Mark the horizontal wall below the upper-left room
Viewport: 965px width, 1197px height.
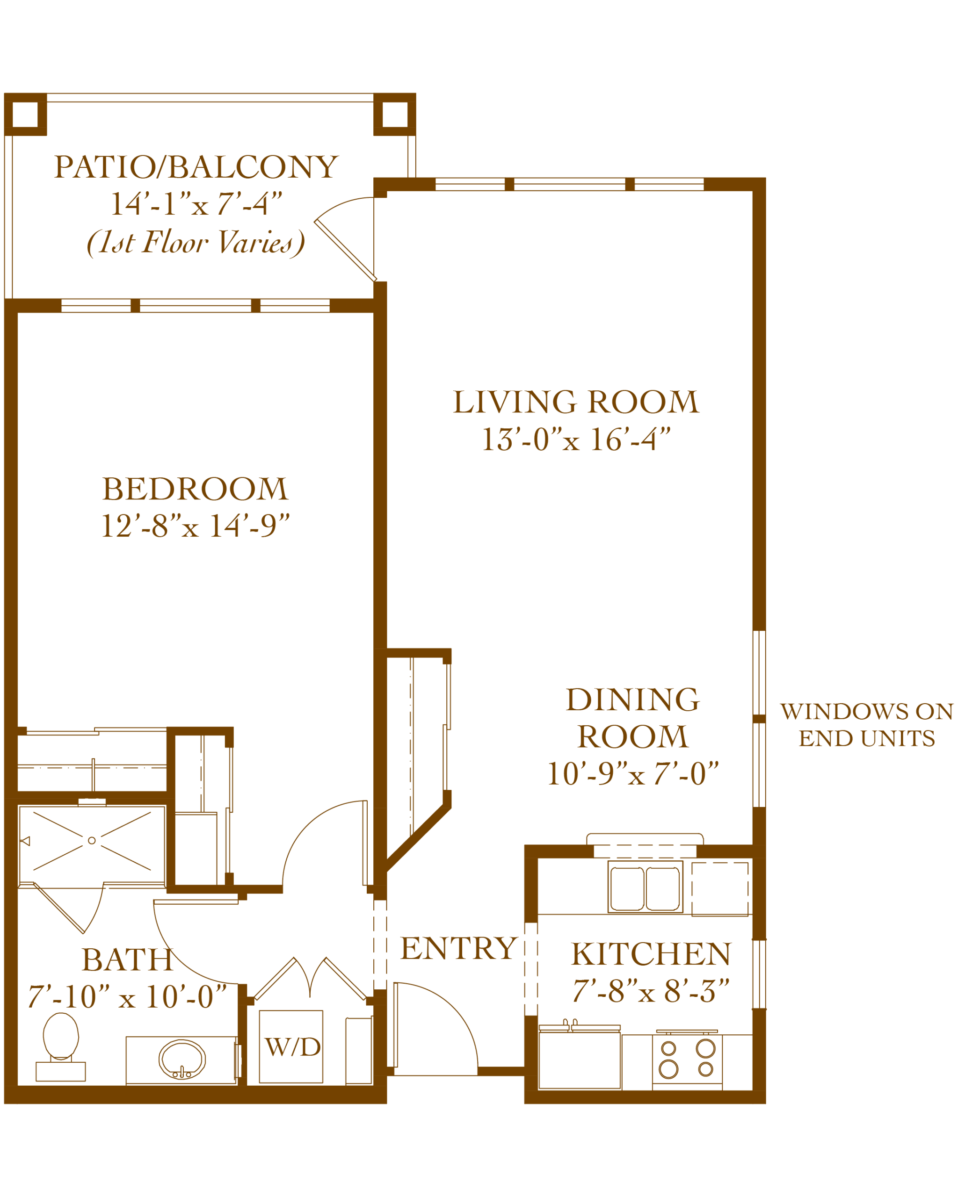point(195,306)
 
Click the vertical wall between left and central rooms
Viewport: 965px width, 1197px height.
point(387,472)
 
